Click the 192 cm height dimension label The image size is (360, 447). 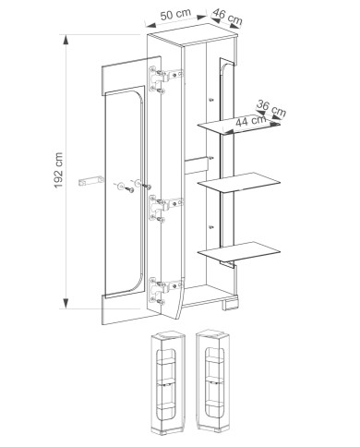[58, 171]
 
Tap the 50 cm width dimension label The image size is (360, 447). [175, 14]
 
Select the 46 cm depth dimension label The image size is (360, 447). [227, 17]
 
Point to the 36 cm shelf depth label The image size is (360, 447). [271, 108]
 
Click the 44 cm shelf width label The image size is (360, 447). [251, 120]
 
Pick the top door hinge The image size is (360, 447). [166, 79]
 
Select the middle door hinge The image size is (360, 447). [166, 208]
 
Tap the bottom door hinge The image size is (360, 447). [166, 290]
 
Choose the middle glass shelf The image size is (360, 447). [239, 183]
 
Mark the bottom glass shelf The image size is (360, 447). [239, 252]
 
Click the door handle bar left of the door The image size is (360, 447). [91, 181]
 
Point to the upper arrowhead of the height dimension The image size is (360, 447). [66, 41]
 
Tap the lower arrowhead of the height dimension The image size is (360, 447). [66, 303]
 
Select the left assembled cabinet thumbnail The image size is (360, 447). [168, 383]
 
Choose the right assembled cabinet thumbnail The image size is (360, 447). [214, 381]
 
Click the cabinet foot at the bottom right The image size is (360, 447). [231, 304]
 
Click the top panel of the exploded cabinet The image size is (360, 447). [193, 35]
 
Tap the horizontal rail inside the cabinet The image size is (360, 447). [196, 165]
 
